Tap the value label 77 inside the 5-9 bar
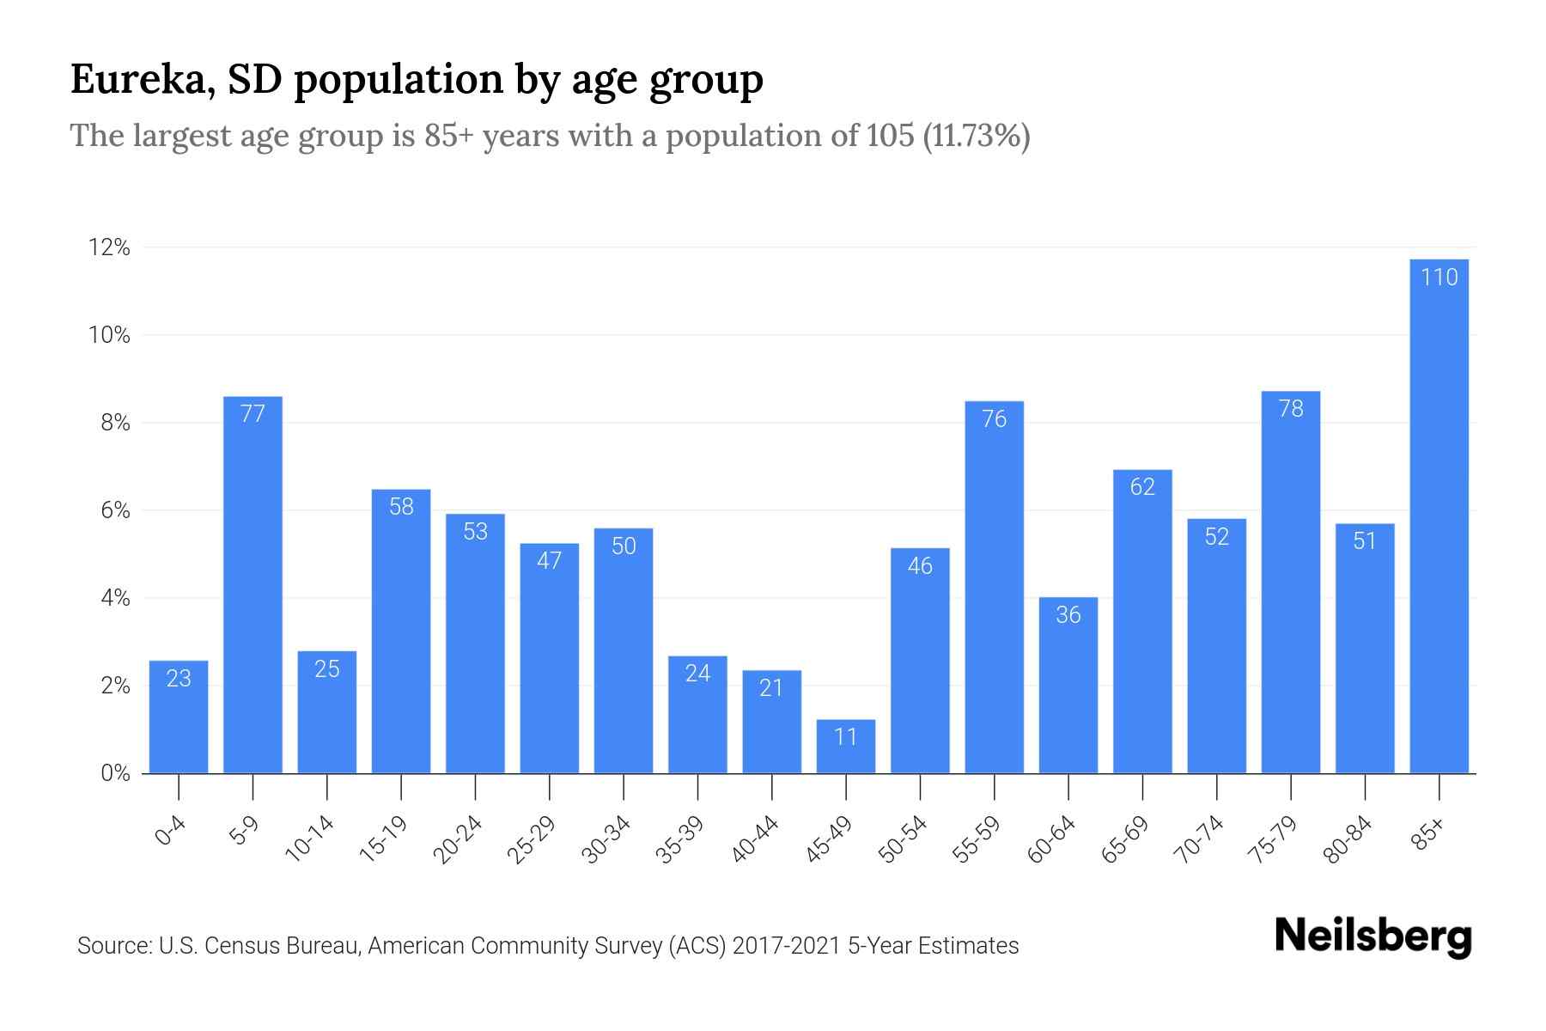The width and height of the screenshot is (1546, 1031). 253,414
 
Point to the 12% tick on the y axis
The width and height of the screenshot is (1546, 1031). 109,247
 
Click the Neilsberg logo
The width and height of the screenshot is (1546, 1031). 1373,936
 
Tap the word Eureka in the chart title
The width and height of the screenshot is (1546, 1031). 142,79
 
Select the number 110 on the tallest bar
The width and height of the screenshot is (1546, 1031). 1439,278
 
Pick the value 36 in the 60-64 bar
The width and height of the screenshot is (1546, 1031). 1068,615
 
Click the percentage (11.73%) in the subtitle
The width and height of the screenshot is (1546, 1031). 976,136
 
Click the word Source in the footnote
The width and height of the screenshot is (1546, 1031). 112,946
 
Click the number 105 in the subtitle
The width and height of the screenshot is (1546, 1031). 890,136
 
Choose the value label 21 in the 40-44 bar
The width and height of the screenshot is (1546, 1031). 771,688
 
